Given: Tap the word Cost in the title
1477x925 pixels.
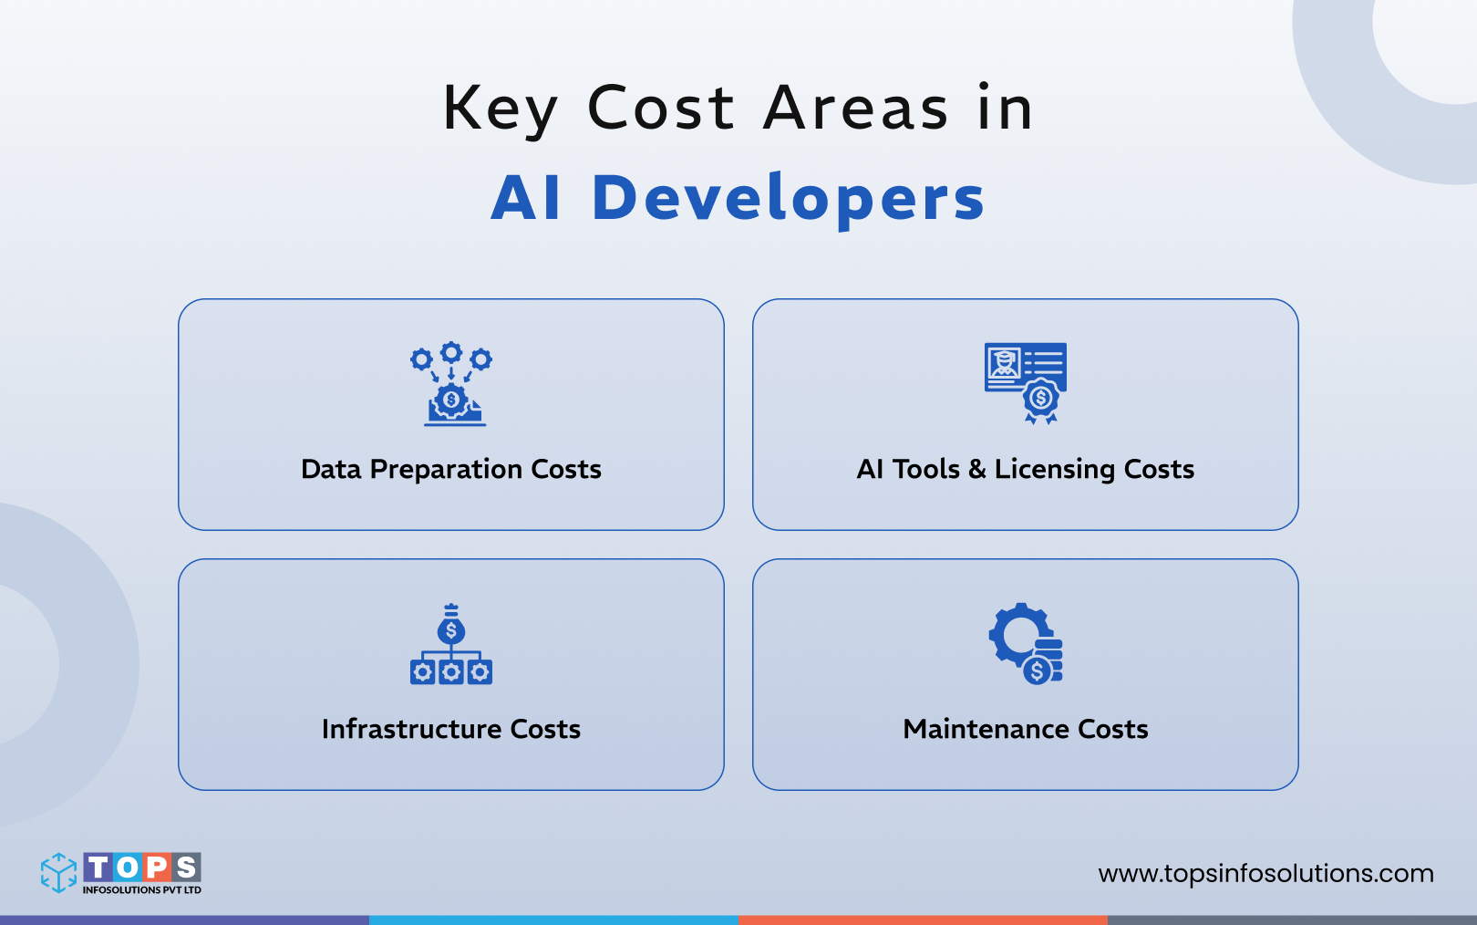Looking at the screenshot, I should click(661, 108).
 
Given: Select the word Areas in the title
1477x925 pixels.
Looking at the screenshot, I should click(856, 108).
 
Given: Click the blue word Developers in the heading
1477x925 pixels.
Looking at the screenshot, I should click(789, 198).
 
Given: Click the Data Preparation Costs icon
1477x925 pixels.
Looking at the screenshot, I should click(450, 384).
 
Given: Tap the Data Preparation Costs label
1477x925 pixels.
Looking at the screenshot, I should click(451, 469).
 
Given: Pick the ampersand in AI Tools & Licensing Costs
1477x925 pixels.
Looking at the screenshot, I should click(976, 469).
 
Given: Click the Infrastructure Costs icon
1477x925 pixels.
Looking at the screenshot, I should click(450, 644).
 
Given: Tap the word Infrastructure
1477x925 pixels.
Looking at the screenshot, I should click(411, 729).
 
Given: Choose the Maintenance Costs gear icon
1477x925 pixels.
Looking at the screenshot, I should click(1026, 643).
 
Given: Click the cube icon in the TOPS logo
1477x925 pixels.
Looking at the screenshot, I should click(59, 872).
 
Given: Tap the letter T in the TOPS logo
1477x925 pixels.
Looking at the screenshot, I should click(98, 867).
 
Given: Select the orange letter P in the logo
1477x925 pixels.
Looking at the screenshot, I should click(157, 867).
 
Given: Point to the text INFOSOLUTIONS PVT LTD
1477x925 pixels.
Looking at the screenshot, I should click(142, 890).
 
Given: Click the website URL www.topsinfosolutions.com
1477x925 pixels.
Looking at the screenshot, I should click(1265, 873).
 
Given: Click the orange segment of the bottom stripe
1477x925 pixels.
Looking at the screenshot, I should click(923, 920).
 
